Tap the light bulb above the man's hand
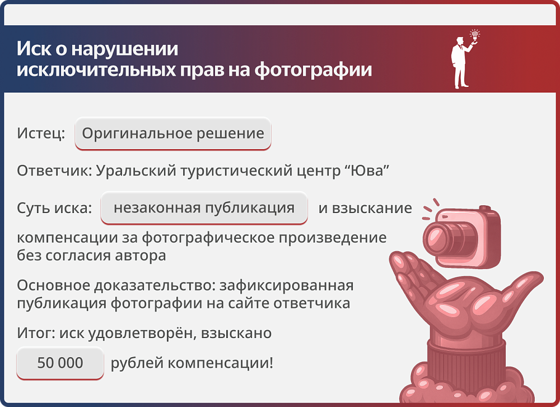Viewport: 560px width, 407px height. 475,35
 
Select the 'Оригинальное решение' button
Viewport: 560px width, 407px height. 173,134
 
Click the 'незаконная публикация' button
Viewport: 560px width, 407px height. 204,208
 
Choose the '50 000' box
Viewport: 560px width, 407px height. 60,363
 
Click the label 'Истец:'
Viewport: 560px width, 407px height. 41,134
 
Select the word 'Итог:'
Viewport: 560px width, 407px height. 34,334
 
